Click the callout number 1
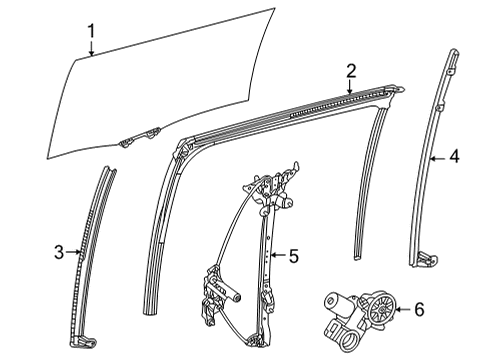click(90, 30)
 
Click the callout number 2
click(351, 69)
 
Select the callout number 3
click(59, 253)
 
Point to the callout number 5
click(293, 256)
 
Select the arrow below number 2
click(349, 87)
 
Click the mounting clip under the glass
click(127, 141)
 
